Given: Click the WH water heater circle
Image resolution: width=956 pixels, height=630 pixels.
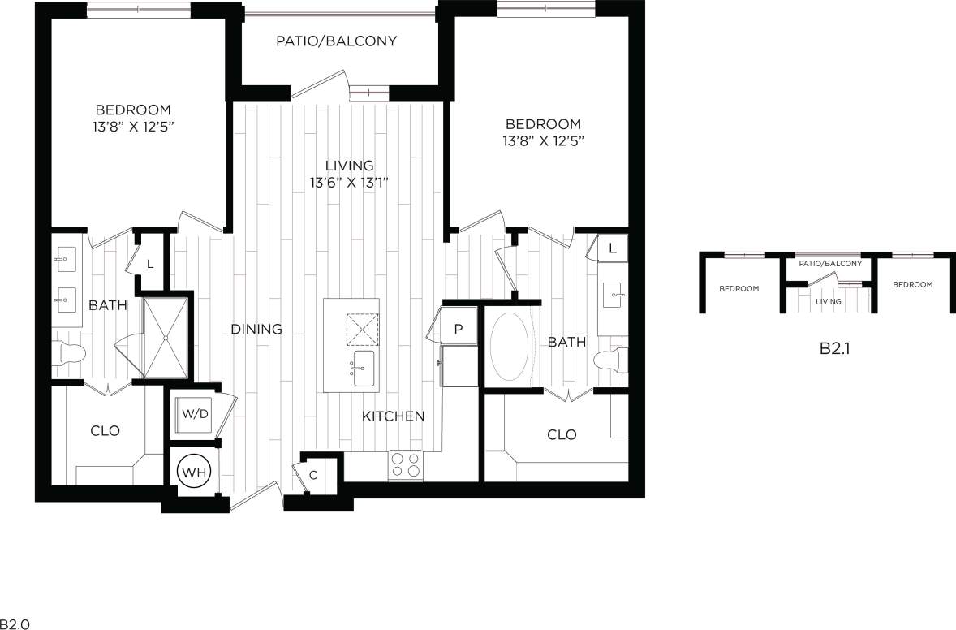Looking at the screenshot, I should (194, 471).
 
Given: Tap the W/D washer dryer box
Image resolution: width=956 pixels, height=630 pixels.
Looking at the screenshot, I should (194, 414).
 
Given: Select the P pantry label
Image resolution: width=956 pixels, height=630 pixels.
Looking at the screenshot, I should (458, 329).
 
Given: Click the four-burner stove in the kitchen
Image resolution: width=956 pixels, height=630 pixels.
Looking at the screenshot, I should (406, 465).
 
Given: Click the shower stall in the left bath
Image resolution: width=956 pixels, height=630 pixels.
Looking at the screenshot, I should (166, 336).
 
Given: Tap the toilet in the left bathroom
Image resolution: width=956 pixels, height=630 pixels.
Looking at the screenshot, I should (71, 352).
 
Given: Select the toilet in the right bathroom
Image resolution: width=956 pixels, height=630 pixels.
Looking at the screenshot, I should (610, 359).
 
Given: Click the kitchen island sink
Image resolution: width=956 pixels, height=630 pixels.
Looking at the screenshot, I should (364, 368).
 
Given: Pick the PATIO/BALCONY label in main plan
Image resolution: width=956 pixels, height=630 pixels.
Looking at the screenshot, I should (336, 41).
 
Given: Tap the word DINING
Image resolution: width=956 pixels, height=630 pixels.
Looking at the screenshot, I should (256, 329).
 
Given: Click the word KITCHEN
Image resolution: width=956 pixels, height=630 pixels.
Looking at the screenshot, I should (393, 416).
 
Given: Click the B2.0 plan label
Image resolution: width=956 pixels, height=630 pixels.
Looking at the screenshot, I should (15, 624).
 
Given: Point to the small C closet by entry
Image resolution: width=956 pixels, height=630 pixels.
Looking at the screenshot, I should (313, 474).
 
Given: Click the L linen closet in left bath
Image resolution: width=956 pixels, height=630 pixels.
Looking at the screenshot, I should (151, 262).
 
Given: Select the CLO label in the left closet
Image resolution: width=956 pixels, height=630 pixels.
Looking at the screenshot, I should (105, 430).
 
